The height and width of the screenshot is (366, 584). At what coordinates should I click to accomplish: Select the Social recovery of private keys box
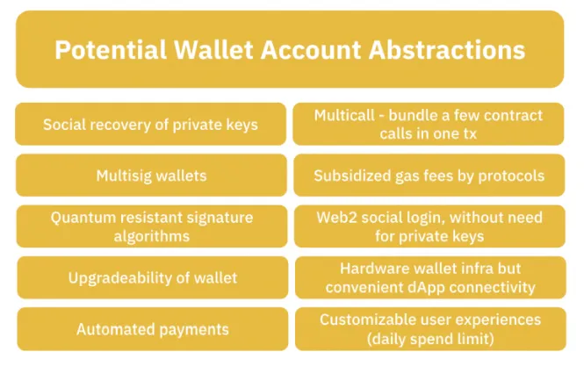tap(151, 125)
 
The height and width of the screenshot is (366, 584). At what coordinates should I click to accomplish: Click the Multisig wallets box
tap(151, 176)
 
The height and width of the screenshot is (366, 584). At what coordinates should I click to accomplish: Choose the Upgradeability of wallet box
tap(151, 278)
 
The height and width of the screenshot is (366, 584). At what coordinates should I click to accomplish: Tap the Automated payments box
tap(151, 330)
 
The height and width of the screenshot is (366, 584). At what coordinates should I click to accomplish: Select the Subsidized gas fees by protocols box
tap(429, 176)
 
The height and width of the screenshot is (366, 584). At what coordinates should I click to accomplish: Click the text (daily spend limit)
tap(429, 339)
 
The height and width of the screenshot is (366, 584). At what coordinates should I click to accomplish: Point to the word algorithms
tap(151, 236)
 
